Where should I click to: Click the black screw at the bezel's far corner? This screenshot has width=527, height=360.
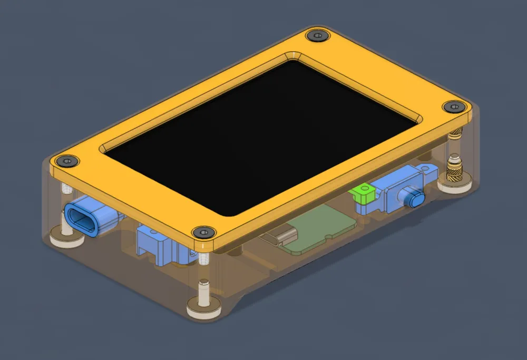click(317, 36)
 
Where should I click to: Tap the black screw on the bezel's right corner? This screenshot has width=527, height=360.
click(453, 107)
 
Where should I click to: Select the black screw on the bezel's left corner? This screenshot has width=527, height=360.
click(67, 160)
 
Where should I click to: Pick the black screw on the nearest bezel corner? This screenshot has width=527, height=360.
click(203, 232)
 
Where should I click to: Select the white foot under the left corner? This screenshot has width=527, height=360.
click(66, 241)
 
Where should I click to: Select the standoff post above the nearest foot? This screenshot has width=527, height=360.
click(203, 290)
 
